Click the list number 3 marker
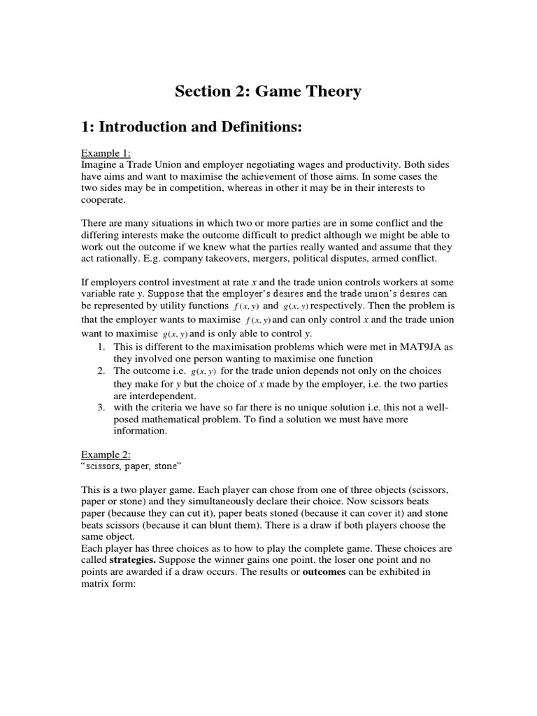(101, 407)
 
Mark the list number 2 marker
(101, 370)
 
